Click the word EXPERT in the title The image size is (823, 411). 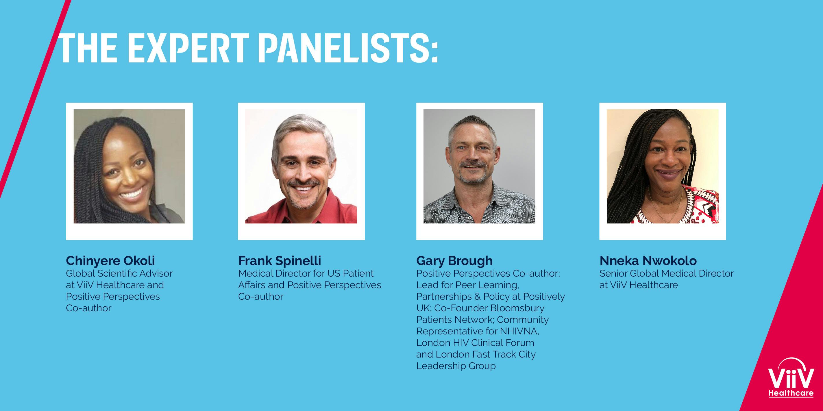click(191, 47)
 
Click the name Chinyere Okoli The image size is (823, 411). click(110, 261)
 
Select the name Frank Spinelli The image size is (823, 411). click(280, 261)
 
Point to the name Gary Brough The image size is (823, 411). click(454, 261)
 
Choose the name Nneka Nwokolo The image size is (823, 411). click(648, 261)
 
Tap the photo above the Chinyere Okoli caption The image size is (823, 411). click(130, 166)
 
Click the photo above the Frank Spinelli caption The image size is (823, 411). click(301, 166)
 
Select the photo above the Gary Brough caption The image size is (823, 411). click(479, 166)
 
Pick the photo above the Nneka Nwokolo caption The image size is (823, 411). click(663, 166)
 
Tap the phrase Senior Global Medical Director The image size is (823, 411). click(666, 274)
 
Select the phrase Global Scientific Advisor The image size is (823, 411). click(119, 274)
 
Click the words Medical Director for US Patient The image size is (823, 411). click(306, 274)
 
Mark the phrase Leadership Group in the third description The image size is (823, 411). click(456, 366)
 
